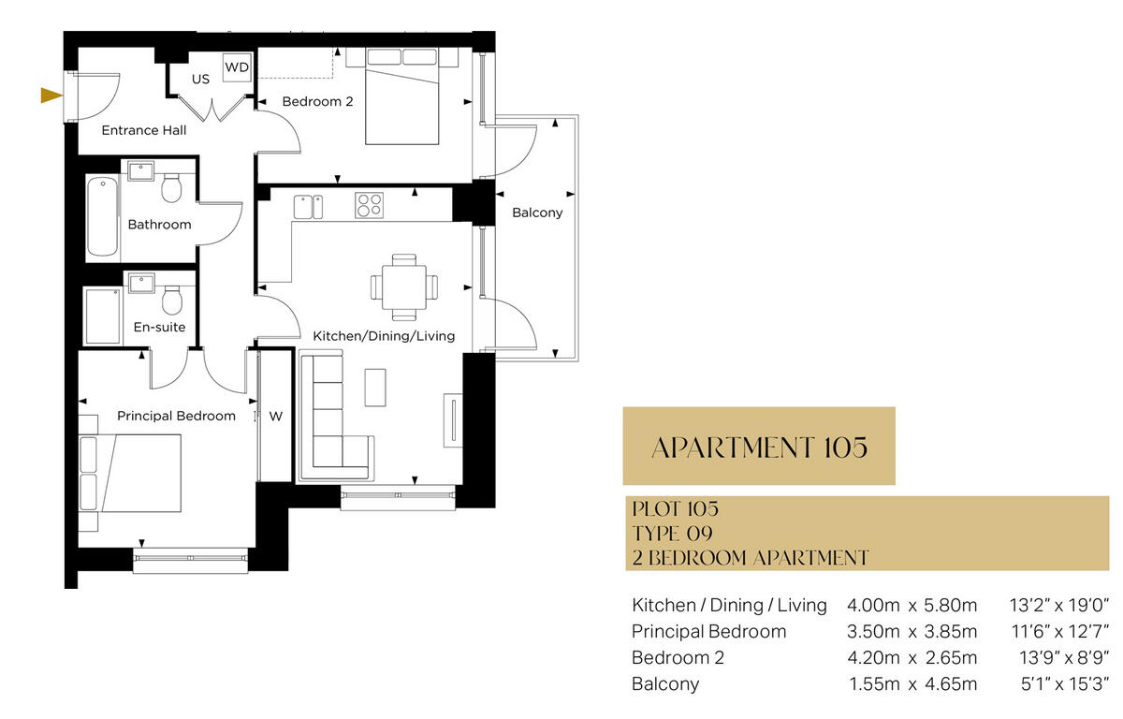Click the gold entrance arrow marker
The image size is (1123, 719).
point(51,95)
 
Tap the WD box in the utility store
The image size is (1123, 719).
point(237,67)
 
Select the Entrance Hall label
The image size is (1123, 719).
point(143,130)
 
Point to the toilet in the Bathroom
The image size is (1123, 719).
point(171,188)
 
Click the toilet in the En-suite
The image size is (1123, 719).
point(171,300)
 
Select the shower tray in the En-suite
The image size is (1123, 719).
point(103,316)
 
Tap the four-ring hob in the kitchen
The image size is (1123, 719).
point(369,205)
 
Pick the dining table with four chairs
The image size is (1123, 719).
point(403,286)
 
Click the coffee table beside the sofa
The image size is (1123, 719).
point(374,388)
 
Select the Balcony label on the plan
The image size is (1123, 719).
point(537,213)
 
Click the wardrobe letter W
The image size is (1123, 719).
point(275,416)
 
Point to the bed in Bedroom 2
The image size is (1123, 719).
point(401,103)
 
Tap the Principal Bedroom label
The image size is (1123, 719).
point(176,416)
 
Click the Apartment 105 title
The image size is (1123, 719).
point(759,447)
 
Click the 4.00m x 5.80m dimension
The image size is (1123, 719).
point(911,605)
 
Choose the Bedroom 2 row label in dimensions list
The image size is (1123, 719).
point(678,657)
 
